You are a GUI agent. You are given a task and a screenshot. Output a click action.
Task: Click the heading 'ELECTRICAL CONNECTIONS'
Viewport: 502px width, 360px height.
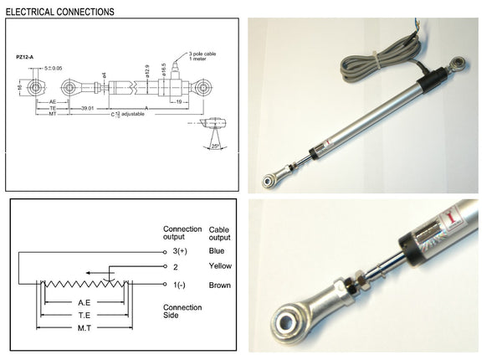click(59, 13)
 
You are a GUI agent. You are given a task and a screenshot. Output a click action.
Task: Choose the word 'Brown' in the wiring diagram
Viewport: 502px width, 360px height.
click(219, 286)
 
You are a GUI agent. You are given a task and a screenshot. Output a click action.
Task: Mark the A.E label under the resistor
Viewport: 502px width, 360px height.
click(84, 302)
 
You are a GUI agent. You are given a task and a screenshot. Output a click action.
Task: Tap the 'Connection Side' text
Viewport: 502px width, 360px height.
click(182, 312)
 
